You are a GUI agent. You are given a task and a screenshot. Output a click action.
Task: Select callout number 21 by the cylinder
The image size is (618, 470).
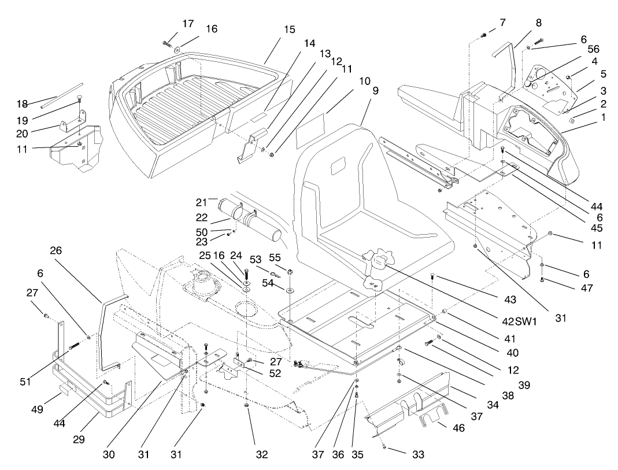tap(201, 202)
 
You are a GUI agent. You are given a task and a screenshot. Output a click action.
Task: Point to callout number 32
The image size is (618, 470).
tap(262, 455)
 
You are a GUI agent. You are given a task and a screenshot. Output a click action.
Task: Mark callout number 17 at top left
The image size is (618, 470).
tap(188, 24)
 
